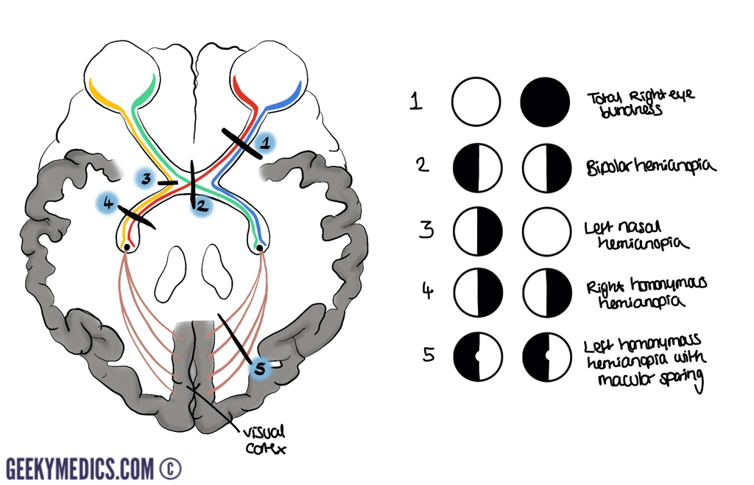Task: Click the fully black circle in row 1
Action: [546, 102]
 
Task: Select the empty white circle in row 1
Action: [476, 102]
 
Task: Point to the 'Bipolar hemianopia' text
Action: [649, 167]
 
